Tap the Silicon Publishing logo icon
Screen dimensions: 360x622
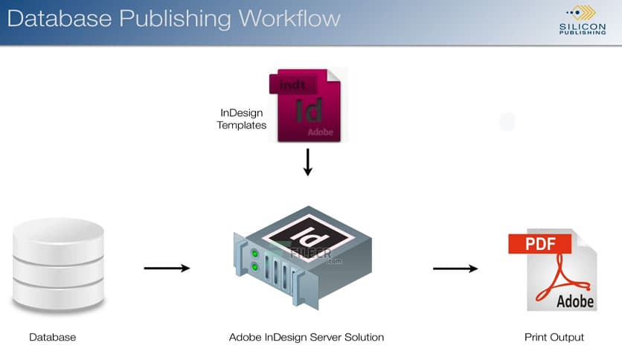point(582,12)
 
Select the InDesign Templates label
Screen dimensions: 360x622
point(241,119)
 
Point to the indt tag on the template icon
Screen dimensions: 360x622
point(292,85)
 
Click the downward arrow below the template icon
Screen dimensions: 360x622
point(308,161)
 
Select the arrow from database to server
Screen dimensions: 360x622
point(167,268)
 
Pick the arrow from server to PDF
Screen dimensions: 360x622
point(455,268)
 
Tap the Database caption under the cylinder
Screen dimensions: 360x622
point(52,338)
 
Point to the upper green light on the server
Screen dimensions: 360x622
point(255,252)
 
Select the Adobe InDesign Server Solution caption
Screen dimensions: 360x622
point(307,338)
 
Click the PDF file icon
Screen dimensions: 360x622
point(551,269)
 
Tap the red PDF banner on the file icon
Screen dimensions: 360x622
point(539,243)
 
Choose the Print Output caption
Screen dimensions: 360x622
point(554,338)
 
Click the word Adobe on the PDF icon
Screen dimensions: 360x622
point(576,300)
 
